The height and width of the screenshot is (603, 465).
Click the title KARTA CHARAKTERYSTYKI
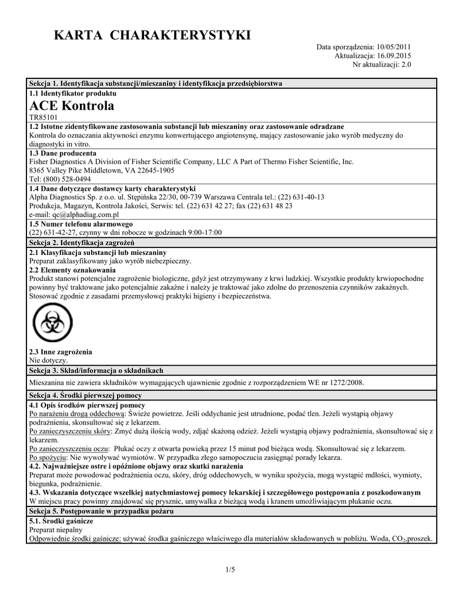click(152, 35)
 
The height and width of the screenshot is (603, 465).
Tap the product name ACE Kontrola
click(72, 106)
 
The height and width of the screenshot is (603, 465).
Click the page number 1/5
click(230, 569)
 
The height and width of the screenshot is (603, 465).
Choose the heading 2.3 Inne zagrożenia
click(61, 352)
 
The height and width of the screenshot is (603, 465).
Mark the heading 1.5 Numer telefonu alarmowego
click(81, 224)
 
